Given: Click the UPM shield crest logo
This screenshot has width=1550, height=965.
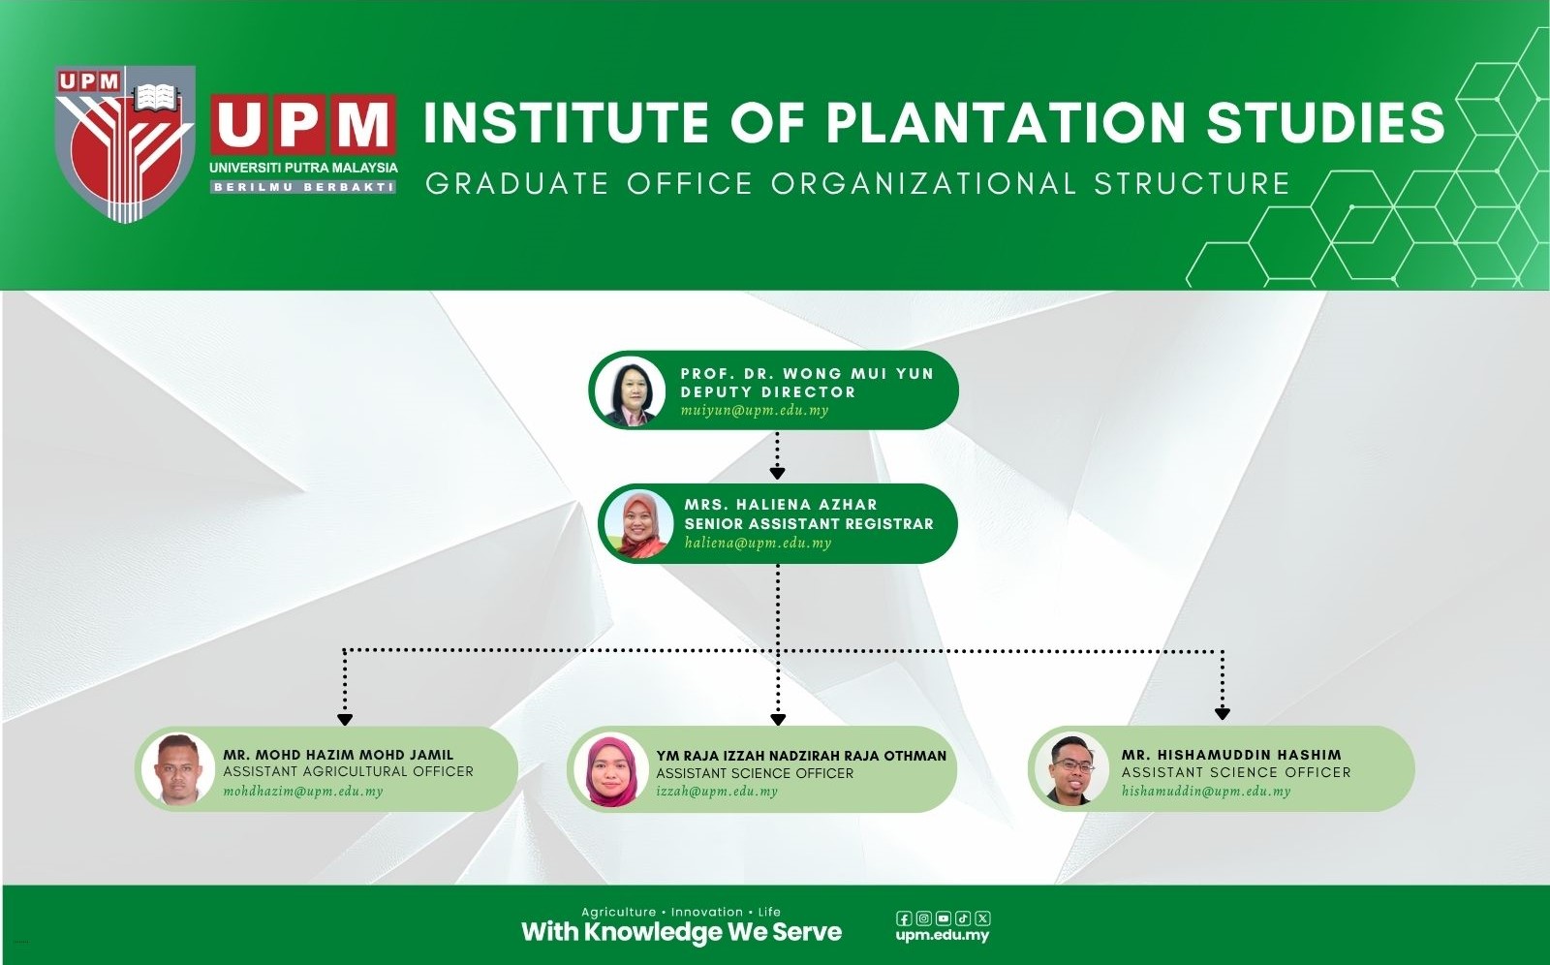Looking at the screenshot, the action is (125, 144).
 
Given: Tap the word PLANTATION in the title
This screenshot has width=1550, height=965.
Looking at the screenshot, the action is (1007, 122).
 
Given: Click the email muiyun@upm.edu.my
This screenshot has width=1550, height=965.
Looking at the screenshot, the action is (755, 411).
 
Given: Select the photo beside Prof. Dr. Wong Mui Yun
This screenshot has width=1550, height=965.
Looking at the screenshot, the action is (631, 390).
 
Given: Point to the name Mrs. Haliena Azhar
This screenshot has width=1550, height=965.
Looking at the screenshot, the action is (781, 505).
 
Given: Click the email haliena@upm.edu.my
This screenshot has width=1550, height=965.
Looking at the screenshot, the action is (758, 544).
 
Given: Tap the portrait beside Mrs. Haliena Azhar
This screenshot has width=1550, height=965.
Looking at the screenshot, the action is (638, 524).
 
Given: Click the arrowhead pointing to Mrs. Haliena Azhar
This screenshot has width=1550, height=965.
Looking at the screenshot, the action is (777, 474).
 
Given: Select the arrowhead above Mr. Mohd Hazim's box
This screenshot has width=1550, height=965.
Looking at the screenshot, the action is (345, 720).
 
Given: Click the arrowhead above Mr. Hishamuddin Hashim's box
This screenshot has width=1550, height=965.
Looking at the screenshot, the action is (1222, 714).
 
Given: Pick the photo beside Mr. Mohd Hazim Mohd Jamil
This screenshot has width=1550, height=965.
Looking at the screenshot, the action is (178, 769).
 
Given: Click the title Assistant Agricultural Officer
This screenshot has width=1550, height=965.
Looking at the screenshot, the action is (348, 772).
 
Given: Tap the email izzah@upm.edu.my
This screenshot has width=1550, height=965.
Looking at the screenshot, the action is (717, 792).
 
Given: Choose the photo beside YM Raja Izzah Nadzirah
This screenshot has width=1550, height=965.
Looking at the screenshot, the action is (611, 770).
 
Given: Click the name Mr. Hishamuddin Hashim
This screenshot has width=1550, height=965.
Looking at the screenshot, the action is (1231, 756).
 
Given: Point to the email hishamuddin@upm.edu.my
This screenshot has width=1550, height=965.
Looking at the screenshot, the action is (1206, 792).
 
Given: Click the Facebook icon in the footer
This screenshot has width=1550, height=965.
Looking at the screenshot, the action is (904, 918).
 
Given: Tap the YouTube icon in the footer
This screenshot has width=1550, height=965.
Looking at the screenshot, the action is (944, 918).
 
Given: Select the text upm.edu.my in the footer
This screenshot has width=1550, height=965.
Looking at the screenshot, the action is (942, 936).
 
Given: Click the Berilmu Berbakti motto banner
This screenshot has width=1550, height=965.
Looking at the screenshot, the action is (303, 187).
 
